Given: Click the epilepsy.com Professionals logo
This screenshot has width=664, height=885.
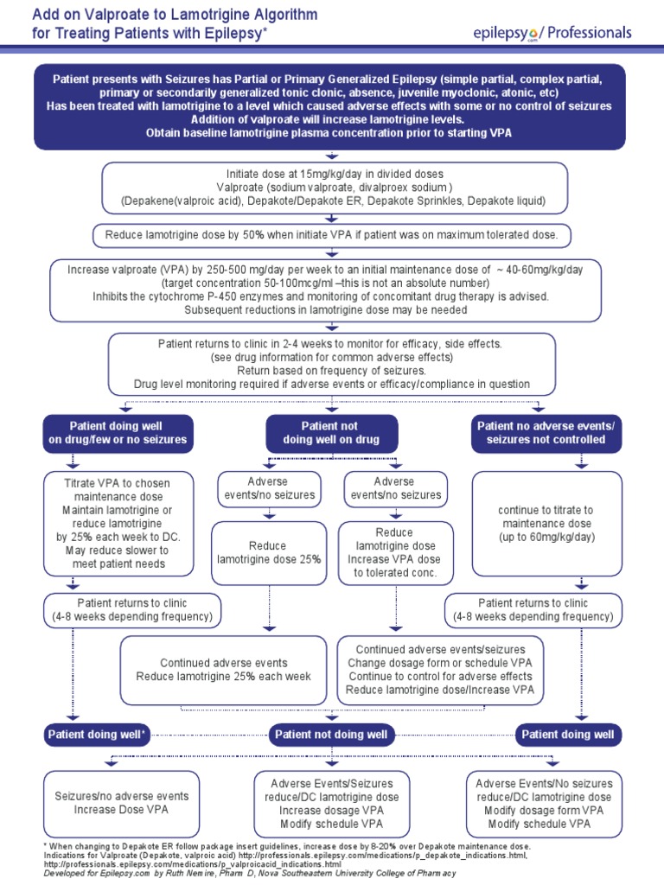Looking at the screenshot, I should click(x=552, y=34).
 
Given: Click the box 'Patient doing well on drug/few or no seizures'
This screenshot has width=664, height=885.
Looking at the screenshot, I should click(x=117, y=433).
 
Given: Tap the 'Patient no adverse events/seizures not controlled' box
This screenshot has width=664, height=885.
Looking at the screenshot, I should click(x=546, y=433).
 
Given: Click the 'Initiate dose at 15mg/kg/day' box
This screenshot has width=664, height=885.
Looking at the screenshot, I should click(x=335, y=188).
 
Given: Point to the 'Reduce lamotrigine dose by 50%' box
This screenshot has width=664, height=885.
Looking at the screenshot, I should click(x=332, y=234).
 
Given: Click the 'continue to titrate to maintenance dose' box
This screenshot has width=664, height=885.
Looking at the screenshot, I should click(x=546, y=524).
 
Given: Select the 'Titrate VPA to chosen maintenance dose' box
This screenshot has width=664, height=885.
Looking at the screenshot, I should click(x=118, y=523).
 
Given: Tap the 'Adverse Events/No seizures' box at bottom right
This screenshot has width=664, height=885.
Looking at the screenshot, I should click(x=544, y=803).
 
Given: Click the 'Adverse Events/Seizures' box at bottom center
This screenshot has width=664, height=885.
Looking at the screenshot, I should click(x=332, y=803).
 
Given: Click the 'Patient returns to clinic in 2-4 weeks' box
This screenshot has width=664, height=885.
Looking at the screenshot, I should click(x=332, y=363).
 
